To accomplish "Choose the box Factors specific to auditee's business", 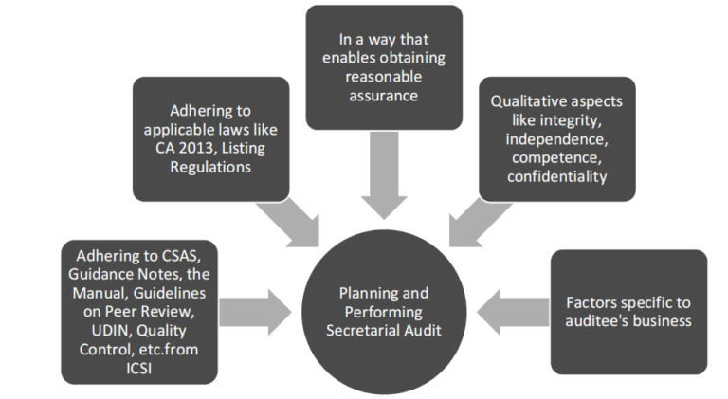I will click(x=628, y=311).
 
